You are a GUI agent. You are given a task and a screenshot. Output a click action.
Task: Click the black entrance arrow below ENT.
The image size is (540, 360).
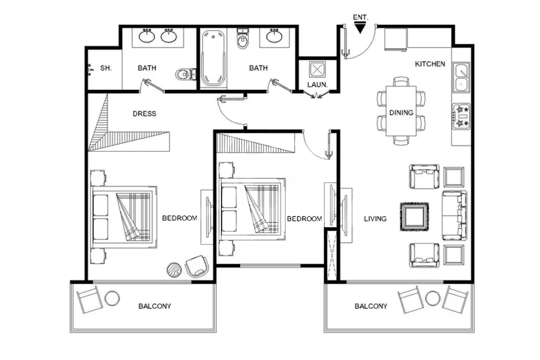[360, 27]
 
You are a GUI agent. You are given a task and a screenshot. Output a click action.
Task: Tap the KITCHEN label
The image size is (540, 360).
[430, 64]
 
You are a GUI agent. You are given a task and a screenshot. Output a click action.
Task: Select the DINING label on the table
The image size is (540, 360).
[401, 113]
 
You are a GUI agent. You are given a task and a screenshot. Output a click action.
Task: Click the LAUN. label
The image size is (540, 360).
[317, 85]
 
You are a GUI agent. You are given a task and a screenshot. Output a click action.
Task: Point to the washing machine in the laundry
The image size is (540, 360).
[317, 70]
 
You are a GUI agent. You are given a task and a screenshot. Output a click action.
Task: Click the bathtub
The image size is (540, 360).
[213, 58]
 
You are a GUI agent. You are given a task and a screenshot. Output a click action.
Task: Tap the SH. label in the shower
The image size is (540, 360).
[106, 68]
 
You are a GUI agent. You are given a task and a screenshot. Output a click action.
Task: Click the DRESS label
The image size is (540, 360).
[144, 114]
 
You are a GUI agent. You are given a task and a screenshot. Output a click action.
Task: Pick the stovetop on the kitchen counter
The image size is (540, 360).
[461, 116]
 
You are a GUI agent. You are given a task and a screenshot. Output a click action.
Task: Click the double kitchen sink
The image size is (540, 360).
[461, 77]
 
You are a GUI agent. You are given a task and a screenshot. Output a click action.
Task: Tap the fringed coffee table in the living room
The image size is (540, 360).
[414, 217]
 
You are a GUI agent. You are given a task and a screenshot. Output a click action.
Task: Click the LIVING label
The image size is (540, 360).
[375, 219]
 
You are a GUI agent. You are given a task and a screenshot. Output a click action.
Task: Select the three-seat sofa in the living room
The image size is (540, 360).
[454, 215]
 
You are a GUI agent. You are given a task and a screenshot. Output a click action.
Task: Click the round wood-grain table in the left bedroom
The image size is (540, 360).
[174, 270]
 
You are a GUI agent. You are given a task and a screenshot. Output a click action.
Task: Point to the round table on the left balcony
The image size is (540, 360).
[112, 298]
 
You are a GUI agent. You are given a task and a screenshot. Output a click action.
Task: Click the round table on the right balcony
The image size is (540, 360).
[433, 298]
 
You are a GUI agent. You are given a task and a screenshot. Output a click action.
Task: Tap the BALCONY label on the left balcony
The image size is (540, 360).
[154, 306]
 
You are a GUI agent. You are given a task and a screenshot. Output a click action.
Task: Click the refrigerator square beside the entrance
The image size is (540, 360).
[396, 40]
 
